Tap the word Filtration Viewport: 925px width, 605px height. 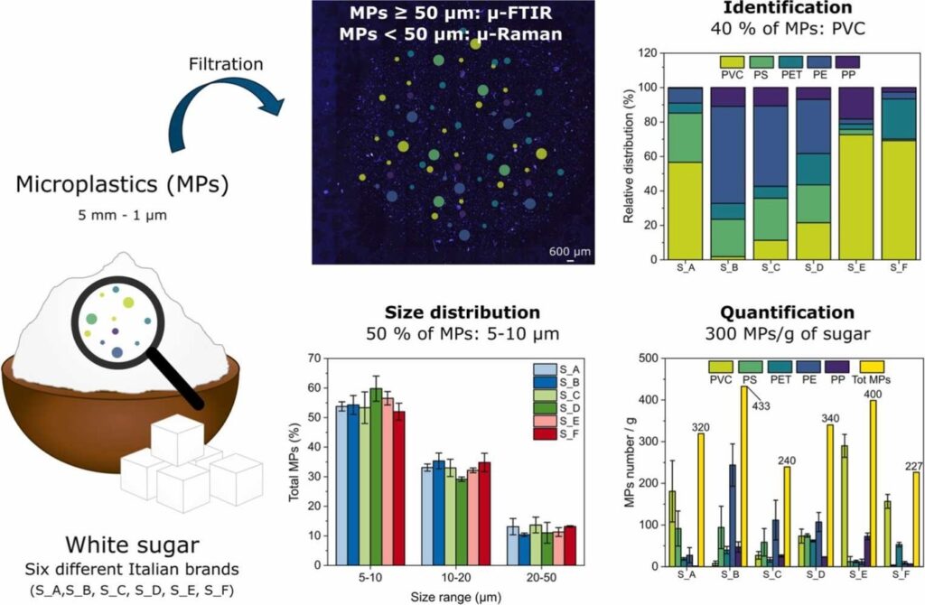226,64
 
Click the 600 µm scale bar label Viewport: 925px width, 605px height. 570,252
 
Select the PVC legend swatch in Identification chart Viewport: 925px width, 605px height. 733,62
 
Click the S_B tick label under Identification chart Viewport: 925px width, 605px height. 728,267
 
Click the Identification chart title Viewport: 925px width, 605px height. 788,7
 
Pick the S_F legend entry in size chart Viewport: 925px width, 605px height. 556,434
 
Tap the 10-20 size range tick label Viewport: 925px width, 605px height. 455,577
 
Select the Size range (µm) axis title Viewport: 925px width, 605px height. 456,598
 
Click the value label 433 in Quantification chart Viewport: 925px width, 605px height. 761,406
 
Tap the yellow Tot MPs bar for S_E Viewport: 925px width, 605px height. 874,483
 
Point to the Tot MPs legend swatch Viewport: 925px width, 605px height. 872,367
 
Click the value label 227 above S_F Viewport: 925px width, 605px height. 913,467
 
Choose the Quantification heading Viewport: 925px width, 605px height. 788,312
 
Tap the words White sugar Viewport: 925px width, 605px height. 132,544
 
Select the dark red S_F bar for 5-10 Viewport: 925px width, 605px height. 398,489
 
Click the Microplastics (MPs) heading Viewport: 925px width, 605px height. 122,184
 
